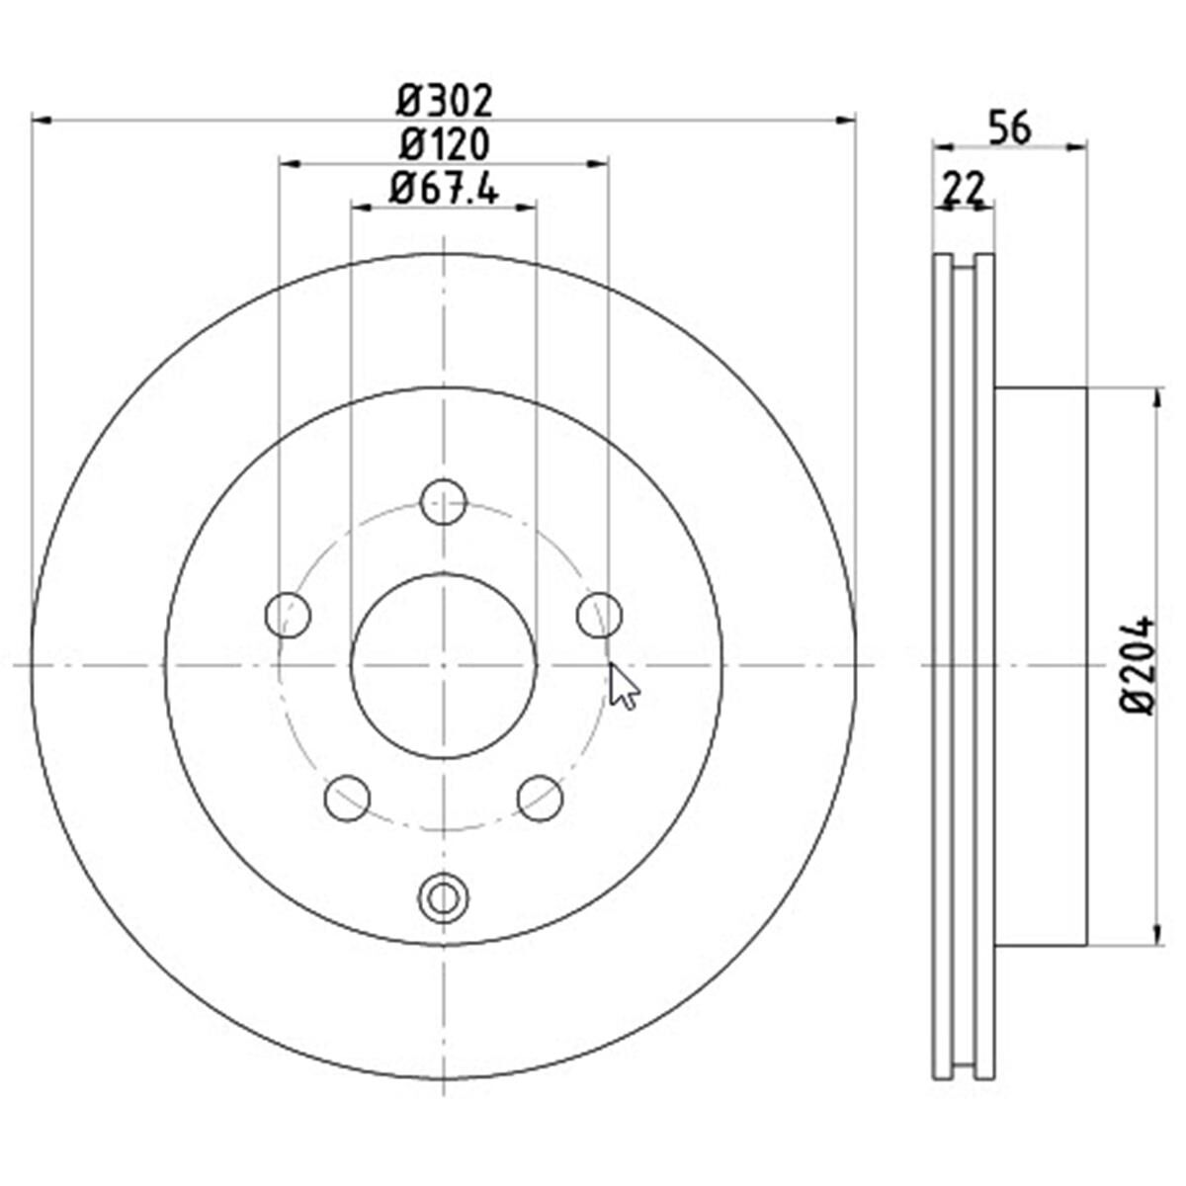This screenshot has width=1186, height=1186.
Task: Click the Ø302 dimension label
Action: (x=444, y=102)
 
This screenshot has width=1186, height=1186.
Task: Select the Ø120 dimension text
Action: (x=444, y=144)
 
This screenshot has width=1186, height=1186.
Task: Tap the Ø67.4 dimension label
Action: (x=443, y=189)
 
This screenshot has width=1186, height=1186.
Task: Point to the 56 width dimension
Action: (x=1009, y=128)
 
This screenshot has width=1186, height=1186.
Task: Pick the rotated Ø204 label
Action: (x=1137, y=665)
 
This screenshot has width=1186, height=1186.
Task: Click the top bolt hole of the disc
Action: (x=444, y=502)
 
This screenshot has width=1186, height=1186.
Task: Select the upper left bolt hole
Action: (x=288, y=615)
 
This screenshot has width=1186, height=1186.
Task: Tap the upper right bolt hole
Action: (x=600, y=615)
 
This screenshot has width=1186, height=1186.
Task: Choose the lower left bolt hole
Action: (x=347, y=799)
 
